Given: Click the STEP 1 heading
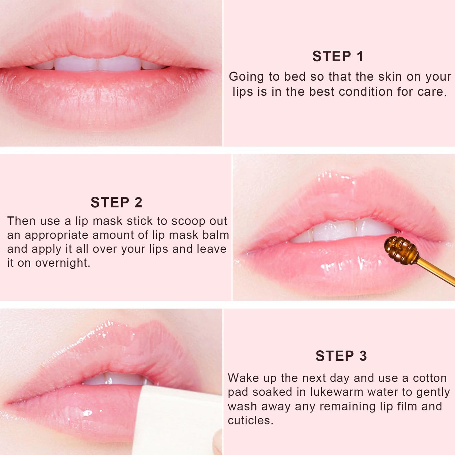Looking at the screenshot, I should click(x=338, y=57).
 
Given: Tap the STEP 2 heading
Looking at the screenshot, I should click(x=116, y=202).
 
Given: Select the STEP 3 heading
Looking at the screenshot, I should click(x=341, y=356).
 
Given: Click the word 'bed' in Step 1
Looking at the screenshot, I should click(x=295, y=77).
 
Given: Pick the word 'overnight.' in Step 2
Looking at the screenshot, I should click(x=63, y=263).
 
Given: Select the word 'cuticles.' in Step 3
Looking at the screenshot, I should click(x=250, y=421).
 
